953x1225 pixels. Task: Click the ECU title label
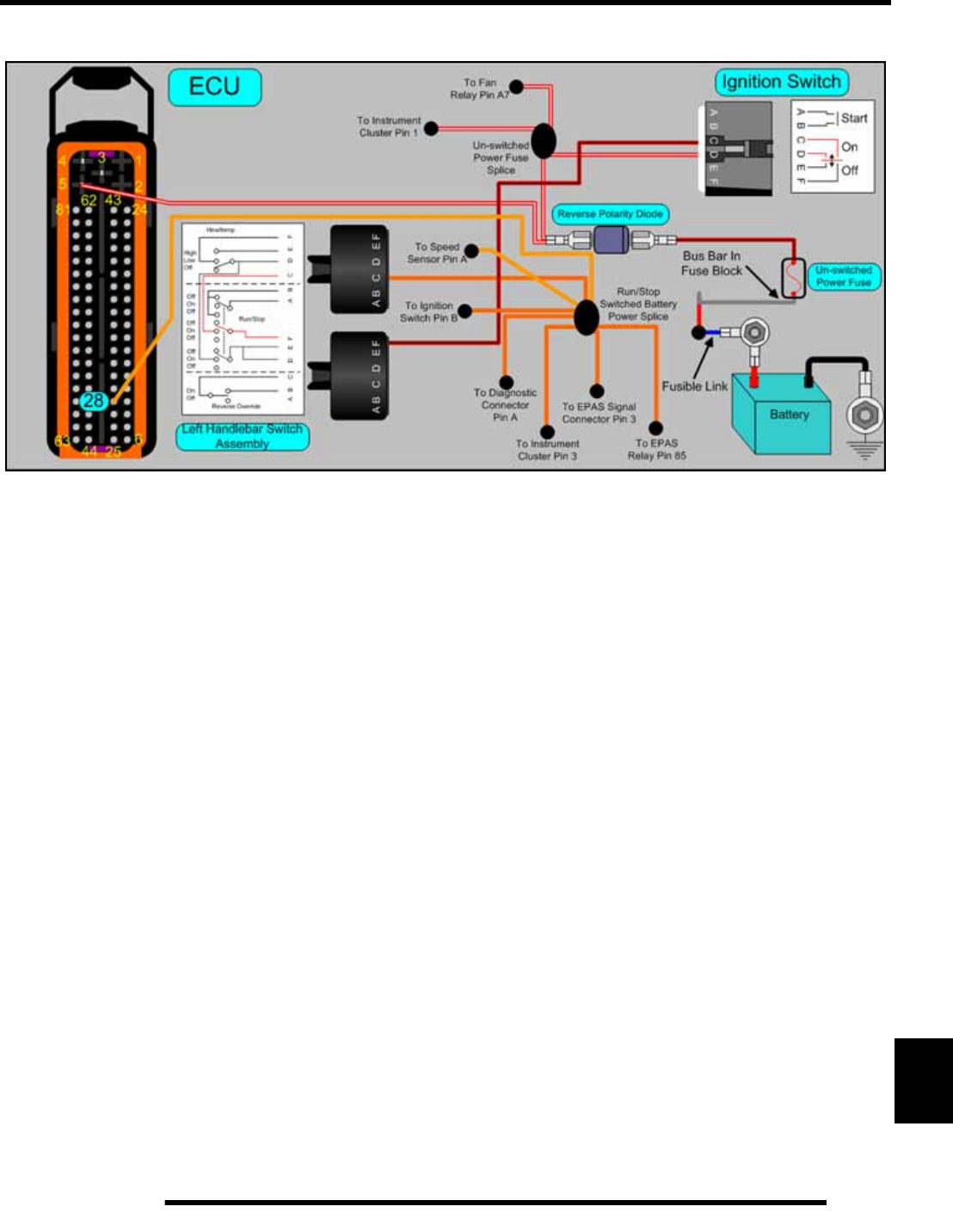point(214,87)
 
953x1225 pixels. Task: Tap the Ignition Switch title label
point(781,83)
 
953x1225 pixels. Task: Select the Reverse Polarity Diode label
point(610,213)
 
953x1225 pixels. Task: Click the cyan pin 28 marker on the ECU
point(94,400)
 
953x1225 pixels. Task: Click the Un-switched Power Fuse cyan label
point(843,276)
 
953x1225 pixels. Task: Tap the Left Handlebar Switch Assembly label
point(242,436)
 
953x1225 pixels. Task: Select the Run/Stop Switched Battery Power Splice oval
point(586,317)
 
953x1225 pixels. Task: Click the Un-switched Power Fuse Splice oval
point(543,141)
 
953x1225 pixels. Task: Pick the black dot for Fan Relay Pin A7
point(516,86)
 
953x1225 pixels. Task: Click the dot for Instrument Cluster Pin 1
point(432,129)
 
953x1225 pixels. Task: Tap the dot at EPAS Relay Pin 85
point(655,428)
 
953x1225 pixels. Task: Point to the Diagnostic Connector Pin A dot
point(507,383)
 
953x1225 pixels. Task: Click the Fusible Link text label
point(694,386)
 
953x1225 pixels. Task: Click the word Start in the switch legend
point(854,119)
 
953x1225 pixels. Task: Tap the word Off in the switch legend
point(850,170)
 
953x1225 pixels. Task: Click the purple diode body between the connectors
point(611,240)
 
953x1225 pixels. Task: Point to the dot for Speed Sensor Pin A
point(471,251)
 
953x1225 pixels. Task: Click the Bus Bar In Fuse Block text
point(711,263)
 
